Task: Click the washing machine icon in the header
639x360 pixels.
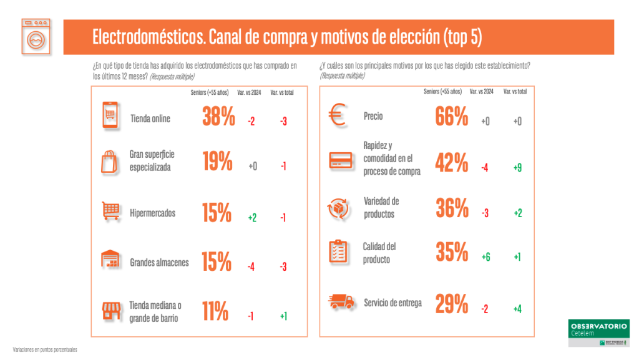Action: pos(36,37)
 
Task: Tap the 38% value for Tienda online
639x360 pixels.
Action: pos(218,117)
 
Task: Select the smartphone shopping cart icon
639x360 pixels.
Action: pos(110,117)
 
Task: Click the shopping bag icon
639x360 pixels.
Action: pos(110,162)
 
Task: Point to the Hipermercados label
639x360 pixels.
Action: pos(153,213)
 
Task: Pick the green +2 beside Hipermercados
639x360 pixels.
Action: pos(251,218)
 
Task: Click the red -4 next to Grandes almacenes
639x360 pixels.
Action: pos(251,267)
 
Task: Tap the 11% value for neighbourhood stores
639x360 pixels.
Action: pos(215,311)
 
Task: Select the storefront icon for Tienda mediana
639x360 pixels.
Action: pos(110,311)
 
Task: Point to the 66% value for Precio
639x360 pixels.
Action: pos(451,117)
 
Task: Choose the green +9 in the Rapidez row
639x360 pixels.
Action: pos(517,167)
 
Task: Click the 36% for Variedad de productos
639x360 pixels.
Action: pos(451,208)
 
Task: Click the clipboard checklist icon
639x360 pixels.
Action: pos(338,251)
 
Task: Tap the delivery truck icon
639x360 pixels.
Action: pos(341,303)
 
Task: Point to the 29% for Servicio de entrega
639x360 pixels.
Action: pos(451,304)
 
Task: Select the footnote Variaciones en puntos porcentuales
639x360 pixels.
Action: pos(45,349)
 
